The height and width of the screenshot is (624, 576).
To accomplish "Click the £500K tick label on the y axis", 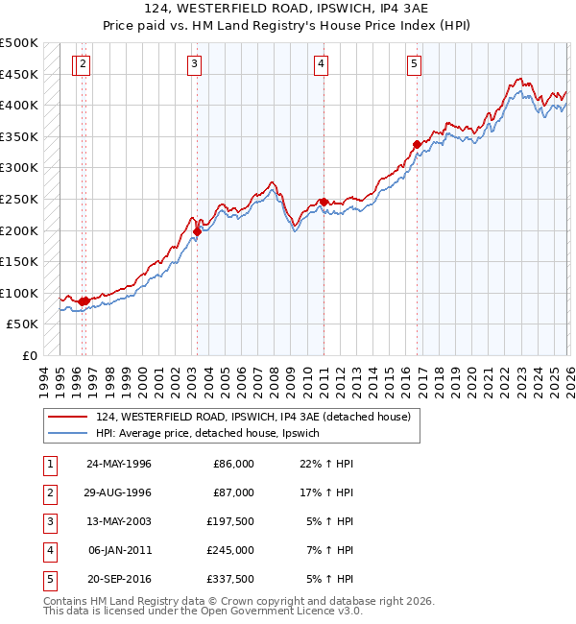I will click(19, 43).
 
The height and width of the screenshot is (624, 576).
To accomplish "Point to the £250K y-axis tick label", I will click(19, 199).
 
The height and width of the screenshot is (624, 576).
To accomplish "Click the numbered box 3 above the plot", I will click(195, 64).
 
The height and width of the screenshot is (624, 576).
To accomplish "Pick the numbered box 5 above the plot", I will click(414, 64).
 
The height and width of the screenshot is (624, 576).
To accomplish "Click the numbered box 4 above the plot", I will click(321, 64).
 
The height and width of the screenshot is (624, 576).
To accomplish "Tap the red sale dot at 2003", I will click(197, 231).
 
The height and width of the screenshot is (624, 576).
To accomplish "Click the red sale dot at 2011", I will click(324, 202).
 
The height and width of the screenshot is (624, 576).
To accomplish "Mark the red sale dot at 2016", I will click(417, 145).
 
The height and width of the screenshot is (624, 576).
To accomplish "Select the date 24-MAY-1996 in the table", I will click(119, 463).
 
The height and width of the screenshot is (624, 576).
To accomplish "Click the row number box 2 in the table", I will click(49, 492).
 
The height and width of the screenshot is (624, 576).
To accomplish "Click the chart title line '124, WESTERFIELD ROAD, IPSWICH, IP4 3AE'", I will click(287, 11).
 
